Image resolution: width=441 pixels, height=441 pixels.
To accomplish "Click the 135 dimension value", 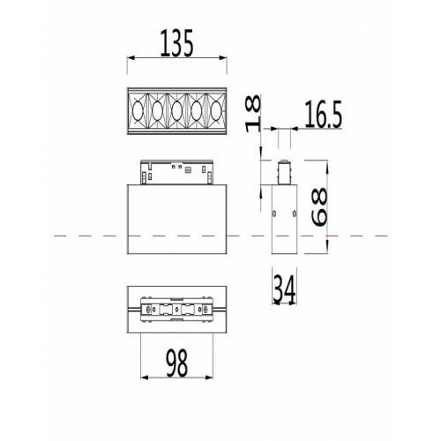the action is (177, 43).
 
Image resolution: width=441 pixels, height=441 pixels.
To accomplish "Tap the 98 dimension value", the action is (177, 363).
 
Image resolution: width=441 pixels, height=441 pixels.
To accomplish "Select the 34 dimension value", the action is (284, 290).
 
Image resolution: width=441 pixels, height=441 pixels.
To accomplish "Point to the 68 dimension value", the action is (319, 206).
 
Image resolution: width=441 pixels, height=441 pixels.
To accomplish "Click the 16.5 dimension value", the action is (323, 115).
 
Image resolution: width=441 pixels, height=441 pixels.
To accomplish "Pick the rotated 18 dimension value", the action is (253, 113).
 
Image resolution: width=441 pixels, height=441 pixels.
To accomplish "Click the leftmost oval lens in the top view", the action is (137, 111).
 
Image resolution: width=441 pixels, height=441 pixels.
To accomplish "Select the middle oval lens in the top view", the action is (176, 111).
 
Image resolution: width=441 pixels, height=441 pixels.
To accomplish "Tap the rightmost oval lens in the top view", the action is (217, 111).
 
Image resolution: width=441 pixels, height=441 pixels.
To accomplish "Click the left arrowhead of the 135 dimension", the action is (131, 58).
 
